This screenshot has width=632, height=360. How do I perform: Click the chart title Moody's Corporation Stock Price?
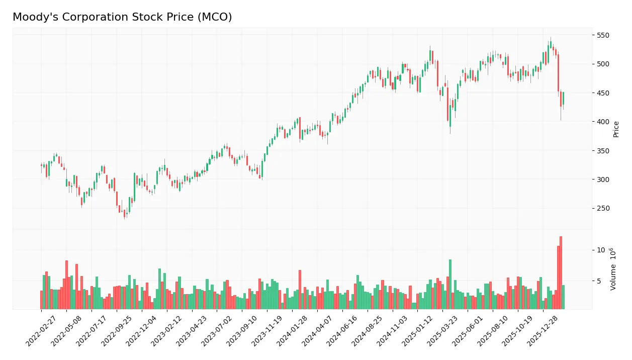click(122, 17)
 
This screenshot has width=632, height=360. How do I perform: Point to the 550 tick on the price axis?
click(603, 35)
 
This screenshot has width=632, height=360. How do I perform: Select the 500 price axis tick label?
click(603, 64)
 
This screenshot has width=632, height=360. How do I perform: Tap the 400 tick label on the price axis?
click(603, 122)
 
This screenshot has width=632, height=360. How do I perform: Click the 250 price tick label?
click(603, 209)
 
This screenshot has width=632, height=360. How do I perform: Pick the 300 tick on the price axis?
click(603, 179)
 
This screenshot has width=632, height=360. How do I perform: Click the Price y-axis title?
click(616, 129)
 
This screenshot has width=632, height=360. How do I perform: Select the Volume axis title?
click(613, 269)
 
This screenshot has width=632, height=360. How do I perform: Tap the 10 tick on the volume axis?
click(601, 250)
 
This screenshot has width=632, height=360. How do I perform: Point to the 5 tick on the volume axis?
click(599, 281)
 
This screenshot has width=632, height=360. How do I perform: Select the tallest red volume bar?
click(561, 273)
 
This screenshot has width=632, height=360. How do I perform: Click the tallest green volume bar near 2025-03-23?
click(450, 284)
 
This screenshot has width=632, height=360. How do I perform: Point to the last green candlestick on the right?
click(563, 98)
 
